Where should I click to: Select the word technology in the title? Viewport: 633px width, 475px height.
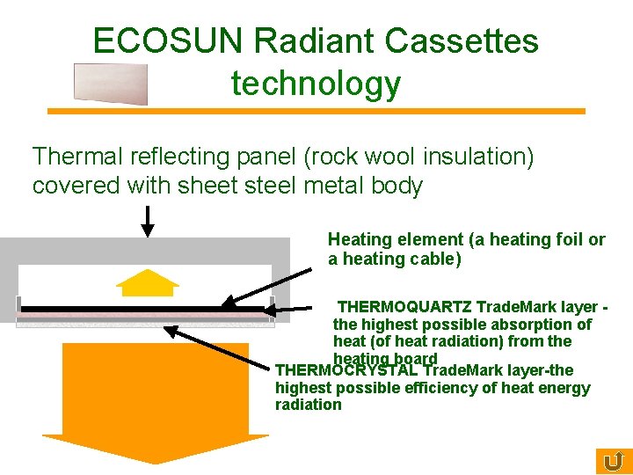(x=316, y=84)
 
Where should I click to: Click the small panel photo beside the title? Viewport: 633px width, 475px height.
(x=111, y=84)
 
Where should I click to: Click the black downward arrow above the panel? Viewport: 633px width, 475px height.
(x=148, y=221)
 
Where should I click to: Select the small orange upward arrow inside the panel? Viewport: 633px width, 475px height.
(x=148, y=281)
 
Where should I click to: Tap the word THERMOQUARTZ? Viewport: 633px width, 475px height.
(x=404, y=307)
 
